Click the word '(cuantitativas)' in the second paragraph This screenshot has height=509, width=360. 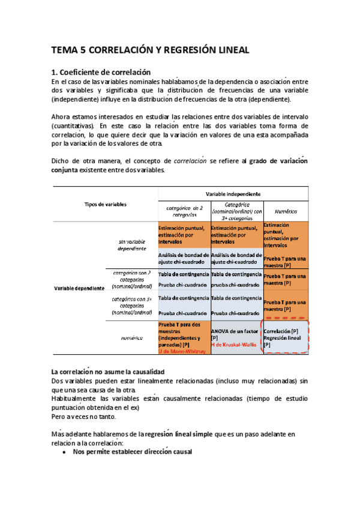73,126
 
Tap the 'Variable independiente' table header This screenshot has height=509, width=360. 233,194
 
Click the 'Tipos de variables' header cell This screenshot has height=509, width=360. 106,204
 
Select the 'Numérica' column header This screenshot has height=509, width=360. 286,211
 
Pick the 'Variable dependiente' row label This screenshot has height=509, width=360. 79,288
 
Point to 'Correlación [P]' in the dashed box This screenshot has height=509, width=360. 281,331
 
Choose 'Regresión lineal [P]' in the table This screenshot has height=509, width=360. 281,341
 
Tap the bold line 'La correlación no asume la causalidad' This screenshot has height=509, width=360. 108,373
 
